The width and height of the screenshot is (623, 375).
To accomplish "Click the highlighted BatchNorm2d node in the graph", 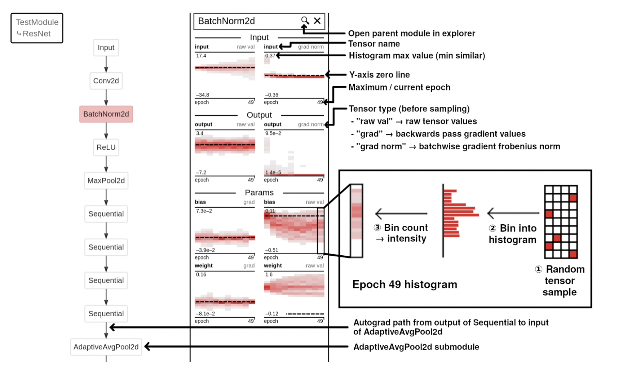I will click(x=106, y=114).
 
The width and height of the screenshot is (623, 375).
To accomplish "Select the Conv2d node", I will click(x=106, y=81).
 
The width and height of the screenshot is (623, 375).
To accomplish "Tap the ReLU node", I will click(x=106, y=147).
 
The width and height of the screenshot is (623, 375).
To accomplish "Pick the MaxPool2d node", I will click(x=106, y=180).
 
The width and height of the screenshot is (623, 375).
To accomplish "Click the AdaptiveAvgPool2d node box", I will click(x=106, y=347).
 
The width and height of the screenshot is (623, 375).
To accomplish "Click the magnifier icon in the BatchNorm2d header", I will click(x=305, y=21).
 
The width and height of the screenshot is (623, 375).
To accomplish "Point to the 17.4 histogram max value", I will click(x=201, y=56).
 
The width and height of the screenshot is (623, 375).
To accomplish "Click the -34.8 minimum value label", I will click(x=202, y=95).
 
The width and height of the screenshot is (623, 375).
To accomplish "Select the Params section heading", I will click(x=259, y=193).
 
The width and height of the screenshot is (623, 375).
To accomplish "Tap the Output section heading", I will click(x=259, y=115).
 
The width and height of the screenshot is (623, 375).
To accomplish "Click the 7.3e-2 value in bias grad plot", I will click(x=204, y=211).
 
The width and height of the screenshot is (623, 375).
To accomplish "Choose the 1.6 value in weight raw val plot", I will click(x=269, y=274).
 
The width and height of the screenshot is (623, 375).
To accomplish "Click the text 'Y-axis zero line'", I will click(x=379, y=75).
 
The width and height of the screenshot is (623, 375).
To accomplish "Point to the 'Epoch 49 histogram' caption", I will click(x=405, y=284).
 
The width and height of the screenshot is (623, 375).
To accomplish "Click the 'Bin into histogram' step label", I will click(x=512, y=234).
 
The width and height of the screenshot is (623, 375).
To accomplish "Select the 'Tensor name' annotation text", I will click(x=374, y=44).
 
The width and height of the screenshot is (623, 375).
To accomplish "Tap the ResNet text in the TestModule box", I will click(x=36, y=34).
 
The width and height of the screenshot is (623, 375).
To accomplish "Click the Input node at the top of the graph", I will click(x=106, y=48).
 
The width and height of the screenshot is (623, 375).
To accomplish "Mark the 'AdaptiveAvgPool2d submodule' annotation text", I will click(x=416, y=347).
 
